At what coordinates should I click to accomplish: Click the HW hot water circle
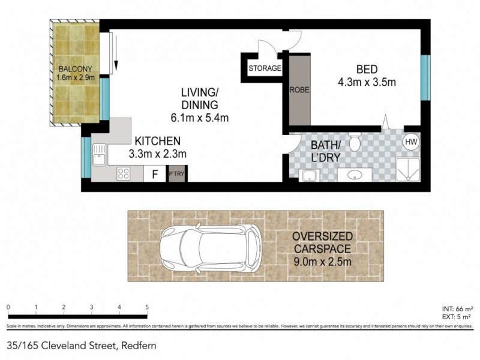pyautogui.click(x=411, y=142)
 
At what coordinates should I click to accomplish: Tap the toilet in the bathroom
pyautogui.click(x=355, y=143)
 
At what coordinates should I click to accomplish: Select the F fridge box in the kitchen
pyautogui.click(x=155, y=175)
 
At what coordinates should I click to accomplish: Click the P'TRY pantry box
pyautogui.click(x=176, y=175)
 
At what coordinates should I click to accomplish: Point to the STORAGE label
pyautogui.click(x=265, y=68)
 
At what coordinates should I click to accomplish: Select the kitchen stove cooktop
pyautogui.click(x=125, y=174)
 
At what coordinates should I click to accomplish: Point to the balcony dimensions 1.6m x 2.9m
pyautogui.click(x=75, y=77)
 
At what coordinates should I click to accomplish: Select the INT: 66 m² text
pyautogui.click(x=454, y=307)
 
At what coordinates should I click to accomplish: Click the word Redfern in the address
pyautogui.click(x=139, y=345)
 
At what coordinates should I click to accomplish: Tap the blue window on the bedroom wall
pyautogui.click(x=425, y=77)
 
